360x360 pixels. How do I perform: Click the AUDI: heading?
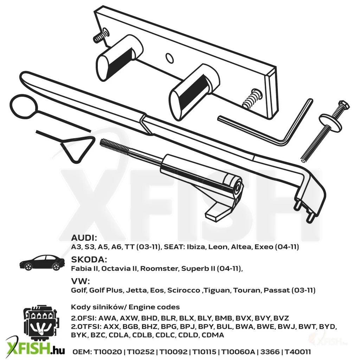tap(84, 237)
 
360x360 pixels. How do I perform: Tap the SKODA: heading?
tap(89, 259)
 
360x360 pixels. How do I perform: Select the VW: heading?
tap(81, 281)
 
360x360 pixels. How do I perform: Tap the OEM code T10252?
tap(141, 352)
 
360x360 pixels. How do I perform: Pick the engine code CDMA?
tap(213, 335)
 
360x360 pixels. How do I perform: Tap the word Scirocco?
tap(184, 290)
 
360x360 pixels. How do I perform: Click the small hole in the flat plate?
tap(170, 58)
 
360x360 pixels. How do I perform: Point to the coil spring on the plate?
tap(252, 98)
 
